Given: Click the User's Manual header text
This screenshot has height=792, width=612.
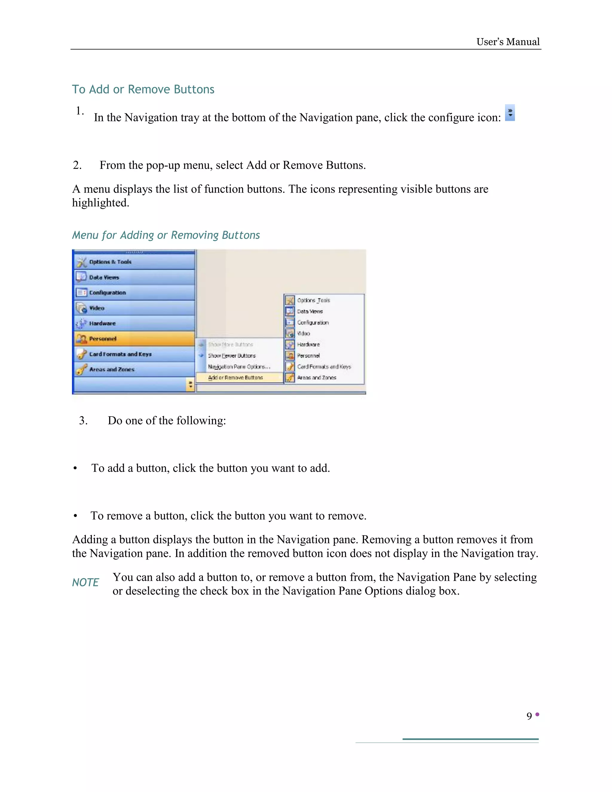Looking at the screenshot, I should (508, 42).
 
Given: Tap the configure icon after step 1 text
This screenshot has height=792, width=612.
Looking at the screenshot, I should (510, 113).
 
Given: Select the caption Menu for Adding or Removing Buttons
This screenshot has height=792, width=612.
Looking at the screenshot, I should (166, 235).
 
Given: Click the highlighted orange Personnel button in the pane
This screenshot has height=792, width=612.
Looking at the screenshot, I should (134, 339).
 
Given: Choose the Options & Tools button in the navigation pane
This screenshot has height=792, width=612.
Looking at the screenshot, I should (134, 262).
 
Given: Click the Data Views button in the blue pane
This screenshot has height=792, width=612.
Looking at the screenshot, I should (134, 277).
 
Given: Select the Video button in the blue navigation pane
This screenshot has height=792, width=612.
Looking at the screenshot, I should (134, 308).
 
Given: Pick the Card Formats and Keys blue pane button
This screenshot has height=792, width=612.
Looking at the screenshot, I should (134, 354).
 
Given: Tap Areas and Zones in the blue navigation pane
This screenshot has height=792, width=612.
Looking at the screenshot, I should (134, 369).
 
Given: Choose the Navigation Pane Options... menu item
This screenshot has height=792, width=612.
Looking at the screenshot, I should (239, 367).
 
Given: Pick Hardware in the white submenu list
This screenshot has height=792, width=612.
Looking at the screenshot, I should (308, 345).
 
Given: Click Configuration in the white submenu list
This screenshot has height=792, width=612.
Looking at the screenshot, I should (313, 322).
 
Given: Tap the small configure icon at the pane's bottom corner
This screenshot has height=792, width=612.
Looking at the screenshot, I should (190, 384).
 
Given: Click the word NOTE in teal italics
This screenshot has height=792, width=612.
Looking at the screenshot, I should (85, 582).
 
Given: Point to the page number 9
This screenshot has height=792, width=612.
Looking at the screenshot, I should (529, 716).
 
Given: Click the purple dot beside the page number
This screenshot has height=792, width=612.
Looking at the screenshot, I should (537, 714).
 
